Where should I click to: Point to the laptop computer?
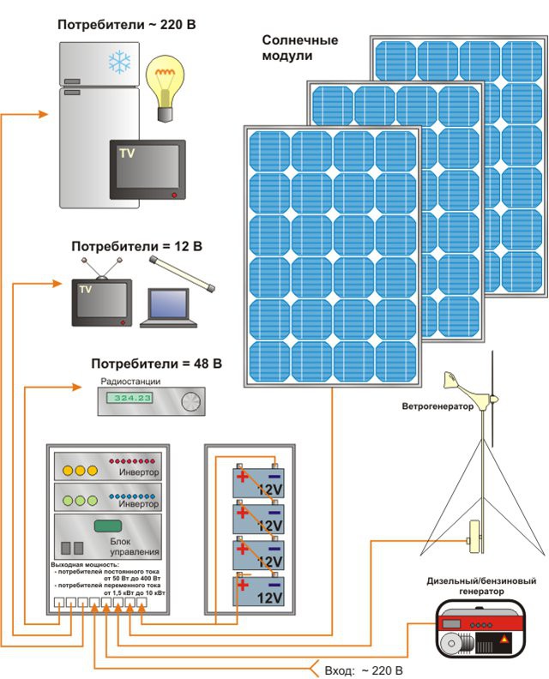167,308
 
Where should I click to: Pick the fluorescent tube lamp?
182,272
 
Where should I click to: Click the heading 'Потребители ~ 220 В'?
127,25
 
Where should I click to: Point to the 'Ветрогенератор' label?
437,407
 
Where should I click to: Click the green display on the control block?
106,525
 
